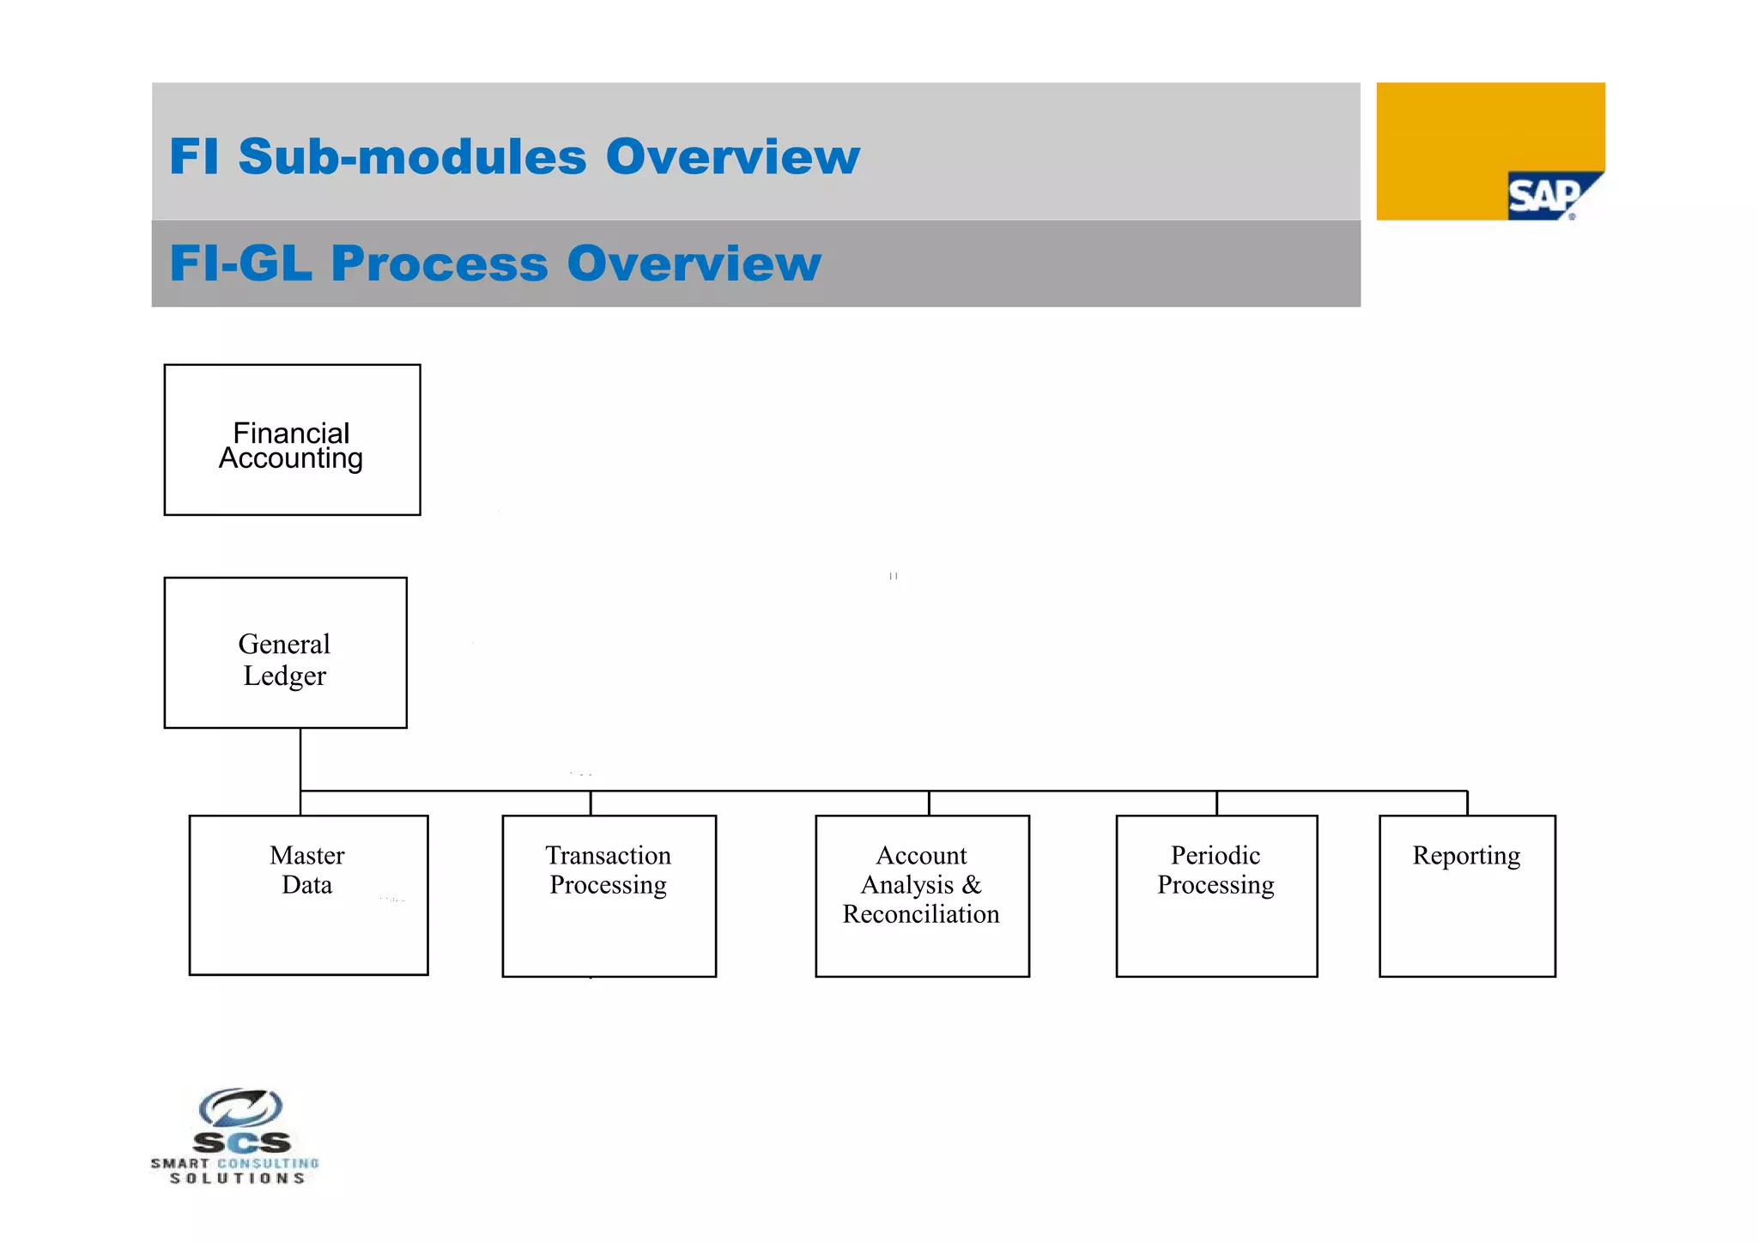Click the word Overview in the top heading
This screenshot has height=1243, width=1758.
(x=732, y=157)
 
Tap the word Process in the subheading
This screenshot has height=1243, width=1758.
(x=439, y=264)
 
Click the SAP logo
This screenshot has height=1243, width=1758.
(x=1546, y=197)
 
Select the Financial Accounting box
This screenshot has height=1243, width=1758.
(x=292, y=440)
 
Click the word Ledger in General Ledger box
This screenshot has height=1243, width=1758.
(x=285, y=676)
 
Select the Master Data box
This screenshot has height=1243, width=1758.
(x=308, y=895)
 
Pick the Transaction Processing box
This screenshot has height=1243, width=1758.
(x=609, y=895)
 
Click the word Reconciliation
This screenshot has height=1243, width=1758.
(x=921, y=914)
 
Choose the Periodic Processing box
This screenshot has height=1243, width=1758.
(x=1216, y=895)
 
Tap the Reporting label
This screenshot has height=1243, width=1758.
(x=1466, y=856)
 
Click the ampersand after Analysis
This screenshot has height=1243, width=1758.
(x=971, y=885)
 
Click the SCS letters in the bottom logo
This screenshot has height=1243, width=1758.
(x=241, y=1143)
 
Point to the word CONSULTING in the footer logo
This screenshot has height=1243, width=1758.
(x=268, y=1164)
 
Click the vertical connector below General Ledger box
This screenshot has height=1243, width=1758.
(x=300, y=760)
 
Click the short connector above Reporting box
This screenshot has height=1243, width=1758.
(x=1467, y=803)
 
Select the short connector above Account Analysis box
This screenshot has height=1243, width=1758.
(x=929, y=803)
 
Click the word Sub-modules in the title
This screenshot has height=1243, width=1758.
(x=412, y=157)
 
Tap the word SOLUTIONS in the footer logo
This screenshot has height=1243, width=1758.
(x=237, y=1179)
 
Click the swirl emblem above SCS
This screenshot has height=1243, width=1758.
(x=241, y=1107)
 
